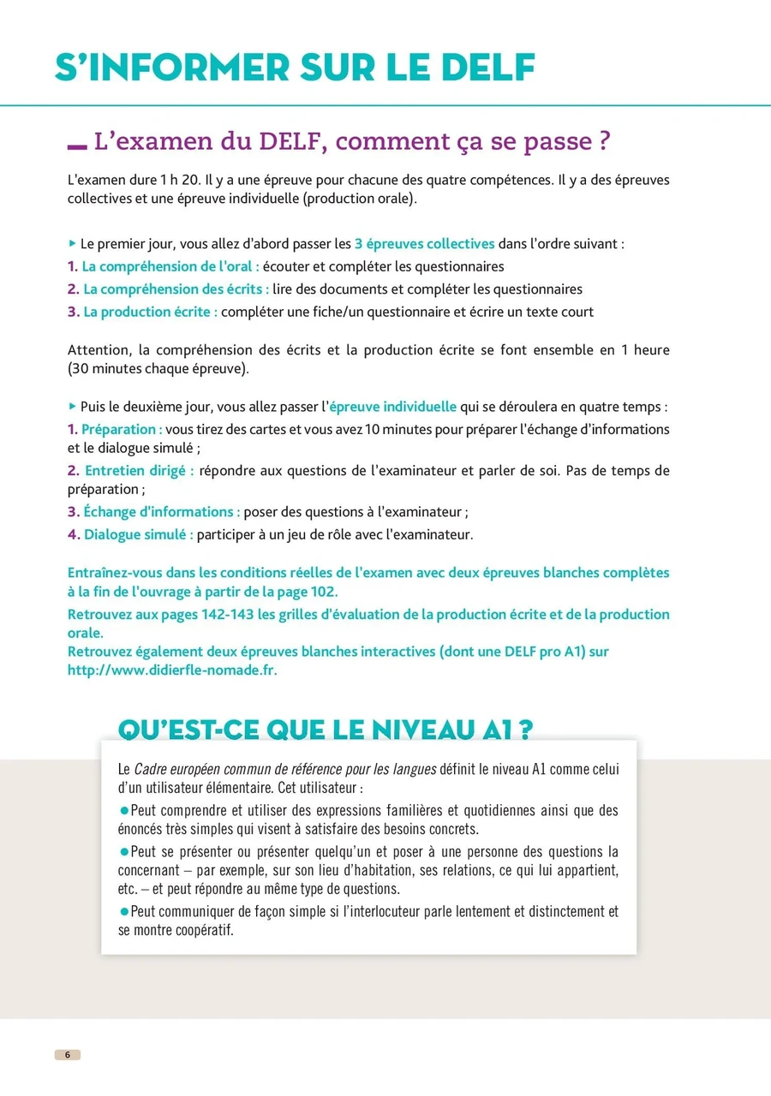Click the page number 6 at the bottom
(67, 1055)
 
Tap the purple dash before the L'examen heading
(77, 148)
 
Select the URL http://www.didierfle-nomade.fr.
(172, 670)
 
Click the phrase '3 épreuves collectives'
(424, 243)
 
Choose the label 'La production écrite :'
(150, 312)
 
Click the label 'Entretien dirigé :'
(139, 470)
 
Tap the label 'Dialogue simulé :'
(138, 534)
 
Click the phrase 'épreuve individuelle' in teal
(393, 406)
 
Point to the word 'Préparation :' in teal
(121, 429)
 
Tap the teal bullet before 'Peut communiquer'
(123, 911)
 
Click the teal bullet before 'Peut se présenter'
(123, 851)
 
